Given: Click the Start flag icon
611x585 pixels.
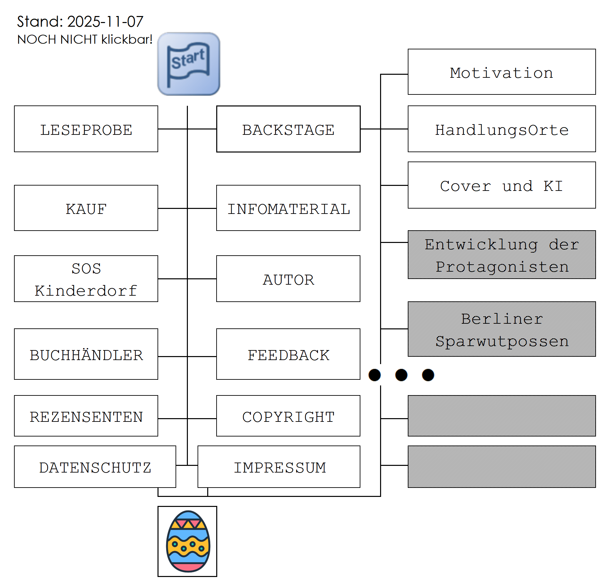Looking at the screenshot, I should (x=189, y=64).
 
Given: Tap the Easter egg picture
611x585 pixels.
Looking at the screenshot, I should (x=188, y=541).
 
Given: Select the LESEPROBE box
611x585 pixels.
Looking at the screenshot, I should (x=86, y=129).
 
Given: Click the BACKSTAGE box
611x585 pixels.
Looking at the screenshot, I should (x=288, y=129).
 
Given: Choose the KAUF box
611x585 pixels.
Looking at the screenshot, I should (x=86, y=208).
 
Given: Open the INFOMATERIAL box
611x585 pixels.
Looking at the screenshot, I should (x=288, y=208).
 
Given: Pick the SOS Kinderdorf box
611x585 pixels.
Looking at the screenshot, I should (x=86, y=279).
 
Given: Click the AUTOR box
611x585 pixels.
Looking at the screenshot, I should (x=288, y=279).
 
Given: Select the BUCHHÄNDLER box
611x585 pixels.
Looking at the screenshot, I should (x=86, y=354).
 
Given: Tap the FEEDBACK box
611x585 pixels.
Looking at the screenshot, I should (x=288, y=354).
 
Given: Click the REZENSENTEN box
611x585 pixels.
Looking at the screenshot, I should (x=86, y=416).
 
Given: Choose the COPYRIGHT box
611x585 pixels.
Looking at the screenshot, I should (x=288, y=416).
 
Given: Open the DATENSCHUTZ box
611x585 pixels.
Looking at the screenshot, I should (x=95, y=467).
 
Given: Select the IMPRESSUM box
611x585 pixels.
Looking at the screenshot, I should (x=279, y=467).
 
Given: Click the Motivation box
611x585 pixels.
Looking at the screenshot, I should (x=502, y=72).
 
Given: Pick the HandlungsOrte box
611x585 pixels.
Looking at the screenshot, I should (x=502, y=129).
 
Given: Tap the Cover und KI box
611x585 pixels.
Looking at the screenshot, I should (x=502, y=186).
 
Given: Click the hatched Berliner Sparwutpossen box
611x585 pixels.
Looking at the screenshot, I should (x=502, y=329).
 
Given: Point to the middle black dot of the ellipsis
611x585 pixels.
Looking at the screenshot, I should (x=401, y=375).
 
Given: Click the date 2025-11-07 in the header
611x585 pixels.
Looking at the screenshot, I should (x=105, y=22).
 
